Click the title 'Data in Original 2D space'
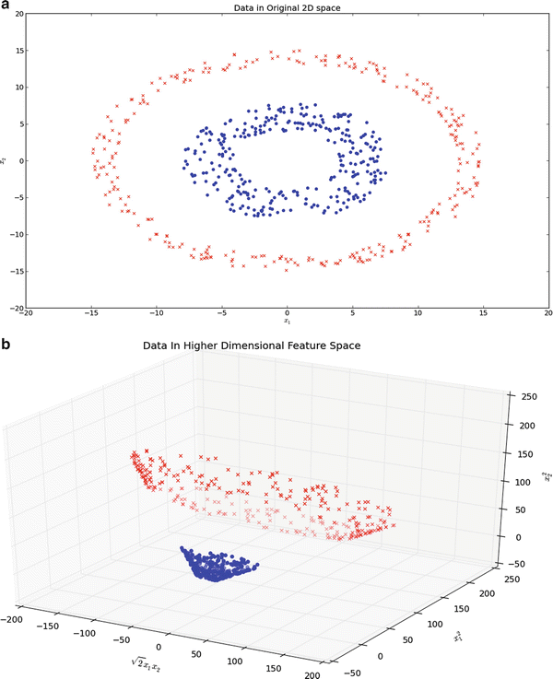[288, 9]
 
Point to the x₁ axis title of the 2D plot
[287, 322]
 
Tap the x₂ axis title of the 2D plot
[6, 160]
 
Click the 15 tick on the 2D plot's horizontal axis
[484, 313]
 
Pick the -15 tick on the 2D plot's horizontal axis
[90, 313]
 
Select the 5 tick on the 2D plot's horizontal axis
[353, 313]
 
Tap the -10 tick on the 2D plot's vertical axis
[16, 234]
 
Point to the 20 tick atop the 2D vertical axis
[18, 15]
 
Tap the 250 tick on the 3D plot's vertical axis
[527, 396]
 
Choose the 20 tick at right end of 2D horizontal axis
[548, 313]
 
